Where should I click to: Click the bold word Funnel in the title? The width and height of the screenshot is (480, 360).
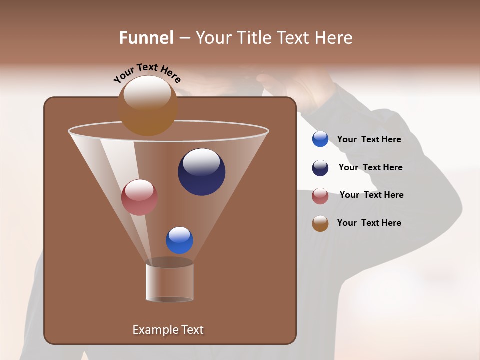click(x=146, y=38)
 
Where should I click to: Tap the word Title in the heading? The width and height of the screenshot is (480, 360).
click(x=254, y=38)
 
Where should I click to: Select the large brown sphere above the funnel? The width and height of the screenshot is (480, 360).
click(x=148, y=106)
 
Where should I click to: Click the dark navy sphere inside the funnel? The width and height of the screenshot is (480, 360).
click(x=201, y=172)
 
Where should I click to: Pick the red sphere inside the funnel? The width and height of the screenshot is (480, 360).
click(x=139, y=197)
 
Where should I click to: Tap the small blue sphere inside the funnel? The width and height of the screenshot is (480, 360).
click(x=179, y=240)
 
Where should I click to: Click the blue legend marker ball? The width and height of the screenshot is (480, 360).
click(x=320, y=139)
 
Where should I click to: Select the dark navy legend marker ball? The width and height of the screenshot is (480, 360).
click(x=320, y=168)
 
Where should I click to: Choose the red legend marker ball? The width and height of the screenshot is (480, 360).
click(x=320, y=196)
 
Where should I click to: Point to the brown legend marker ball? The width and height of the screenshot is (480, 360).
click(x=320, y=223)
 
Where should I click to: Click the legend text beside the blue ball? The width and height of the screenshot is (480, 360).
click(x=369, y=139)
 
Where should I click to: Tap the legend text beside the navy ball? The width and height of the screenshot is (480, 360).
click(x=370, y=167)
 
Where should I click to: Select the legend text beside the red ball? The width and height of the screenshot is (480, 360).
click(x=371, y=195)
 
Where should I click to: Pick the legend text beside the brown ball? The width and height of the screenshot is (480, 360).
click(x=369, y=223)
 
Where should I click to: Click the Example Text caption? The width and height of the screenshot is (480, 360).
click(x=168, y=330)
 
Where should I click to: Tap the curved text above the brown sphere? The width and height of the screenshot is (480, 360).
click(x=147, y=72)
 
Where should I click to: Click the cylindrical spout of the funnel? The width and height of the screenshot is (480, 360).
click(x=170, y=282)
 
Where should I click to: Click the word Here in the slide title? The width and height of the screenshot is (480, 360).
click(x=333, y=38)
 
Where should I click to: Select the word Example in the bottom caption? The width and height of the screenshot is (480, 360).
click(x=152, y=330)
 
